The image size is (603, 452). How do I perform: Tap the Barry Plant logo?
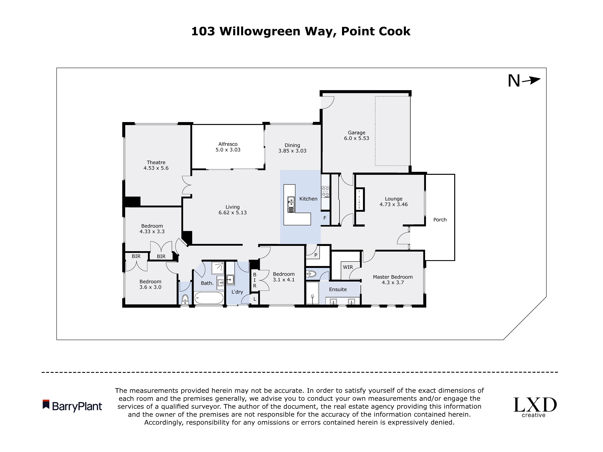click(72, 406)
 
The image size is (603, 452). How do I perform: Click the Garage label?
click(356, 133)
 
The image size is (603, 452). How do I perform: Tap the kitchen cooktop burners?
click(325, 192)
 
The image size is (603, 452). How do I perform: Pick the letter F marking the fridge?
click(325, 218)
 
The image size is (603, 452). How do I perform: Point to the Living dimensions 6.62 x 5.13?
click(233, 213)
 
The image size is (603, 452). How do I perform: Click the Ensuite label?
click(338, 289)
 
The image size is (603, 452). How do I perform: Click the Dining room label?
click(292, 145)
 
